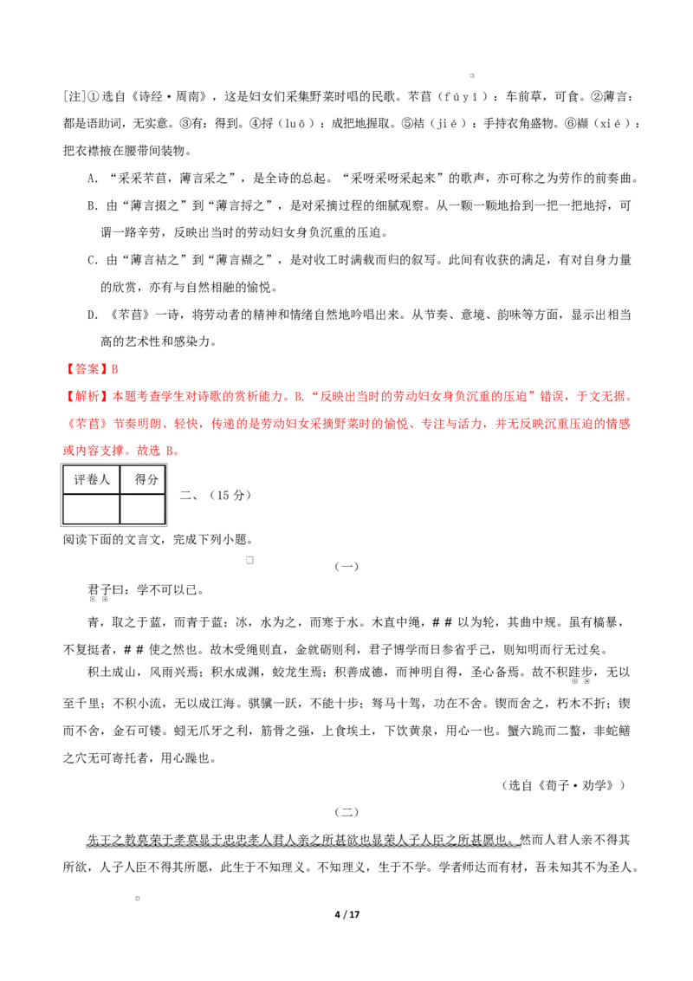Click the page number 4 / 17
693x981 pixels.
[347, 914]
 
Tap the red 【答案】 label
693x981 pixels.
[87, 369]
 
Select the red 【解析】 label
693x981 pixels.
[87, 397]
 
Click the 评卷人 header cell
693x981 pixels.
[91, 480]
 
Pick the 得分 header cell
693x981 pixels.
[143, 480]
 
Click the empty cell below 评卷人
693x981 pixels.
[91, 509]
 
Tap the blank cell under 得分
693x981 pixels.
[143, 509]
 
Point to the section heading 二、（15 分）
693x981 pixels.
[216, 496]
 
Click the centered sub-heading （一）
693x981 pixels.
[346, 566]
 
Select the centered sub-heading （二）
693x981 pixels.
[346, 812]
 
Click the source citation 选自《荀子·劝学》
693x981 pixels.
[564, 785]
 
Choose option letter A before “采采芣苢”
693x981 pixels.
[93, 179]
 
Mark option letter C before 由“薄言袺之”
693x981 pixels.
[93, 260]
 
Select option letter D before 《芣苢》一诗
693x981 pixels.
[93, 315]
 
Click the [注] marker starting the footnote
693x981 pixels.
[74, 97]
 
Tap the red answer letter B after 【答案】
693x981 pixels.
[114, 369]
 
